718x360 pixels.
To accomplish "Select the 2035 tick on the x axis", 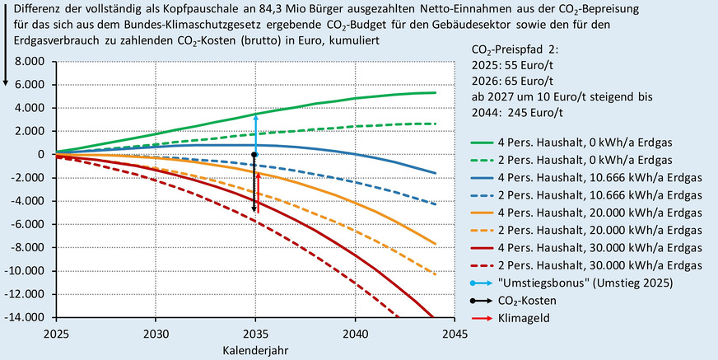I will point(255,334).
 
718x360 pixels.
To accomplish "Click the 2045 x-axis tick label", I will point(455,334).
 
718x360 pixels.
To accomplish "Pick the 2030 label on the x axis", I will point(156,334).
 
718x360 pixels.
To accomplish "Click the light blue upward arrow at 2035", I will point(255,132).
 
